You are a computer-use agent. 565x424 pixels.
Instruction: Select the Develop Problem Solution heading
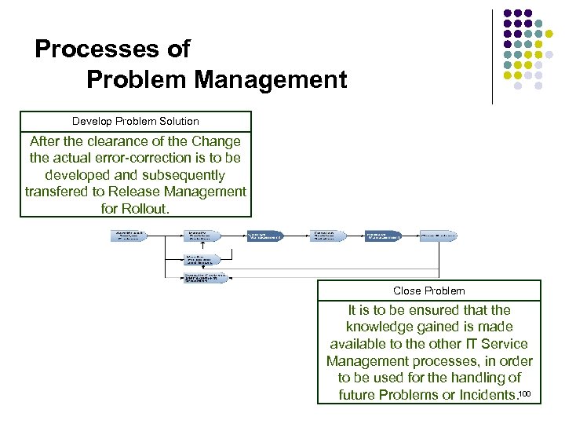136,122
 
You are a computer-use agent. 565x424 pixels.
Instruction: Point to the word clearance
124,141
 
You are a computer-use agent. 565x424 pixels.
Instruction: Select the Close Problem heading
429,291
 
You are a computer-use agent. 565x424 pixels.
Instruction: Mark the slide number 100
526,393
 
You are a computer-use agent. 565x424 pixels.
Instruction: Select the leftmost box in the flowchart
129,236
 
